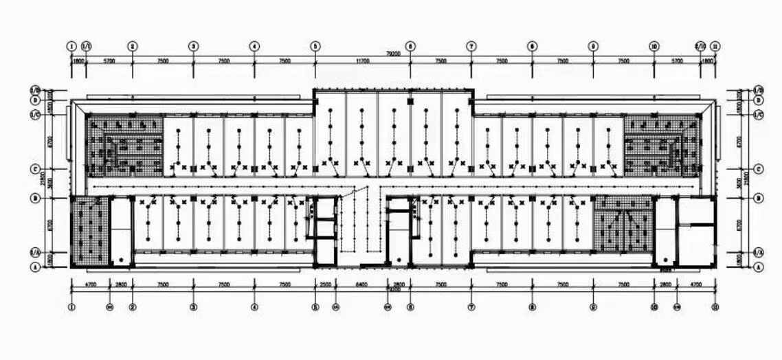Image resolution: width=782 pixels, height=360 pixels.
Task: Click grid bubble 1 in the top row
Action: (x=71, y=46)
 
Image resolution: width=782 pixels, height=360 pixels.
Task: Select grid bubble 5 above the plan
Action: (x=315, y=46)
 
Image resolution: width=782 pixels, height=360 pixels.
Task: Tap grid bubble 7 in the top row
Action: (x=471, y=46)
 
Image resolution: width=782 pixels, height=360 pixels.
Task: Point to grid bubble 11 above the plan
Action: (x=715, y=46)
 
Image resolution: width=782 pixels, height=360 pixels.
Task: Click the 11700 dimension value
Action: (x=362, y=61)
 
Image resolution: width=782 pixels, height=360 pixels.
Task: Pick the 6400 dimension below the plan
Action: (x=361, y=283)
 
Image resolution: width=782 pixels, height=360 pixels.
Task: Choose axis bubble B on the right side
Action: (x=759, y=198)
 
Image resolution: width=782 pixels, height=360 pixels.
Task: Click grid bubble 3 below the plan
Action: (x=194, y=307)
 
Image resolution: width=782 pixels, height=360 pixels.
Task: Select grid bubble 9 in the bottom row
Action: (x=593, y=307)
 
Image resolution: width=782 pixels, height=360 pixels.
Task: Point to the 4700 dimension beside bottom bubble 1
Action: (x=90, y=283)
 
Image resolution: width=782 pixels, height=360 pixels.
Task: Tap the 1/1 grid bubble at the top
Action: (x=87, y=46)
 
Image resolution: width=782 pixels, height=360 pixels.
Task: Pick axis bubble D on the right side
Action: (x=759, y=100)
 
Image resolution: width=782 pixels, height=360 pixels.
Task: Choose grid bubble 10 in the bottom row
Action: (x=654, y=307)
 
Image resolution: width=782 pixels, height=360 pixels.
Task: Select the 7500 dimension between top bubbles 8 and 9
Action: (x=563, y=61)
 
